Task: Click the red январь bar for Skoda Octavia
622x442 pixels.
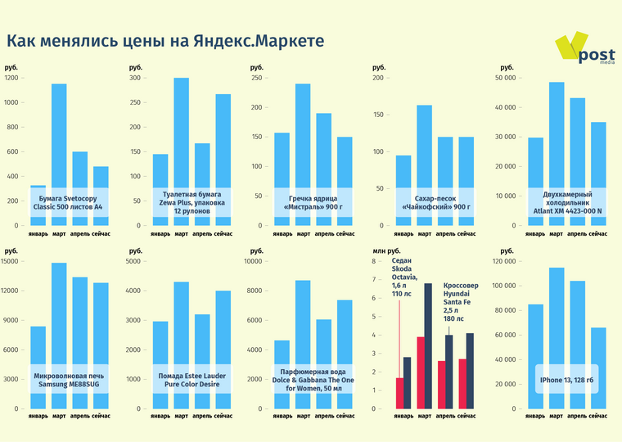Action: tap(399, 393)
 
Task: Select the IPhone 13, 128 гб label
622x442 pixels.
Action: tap(566, 380)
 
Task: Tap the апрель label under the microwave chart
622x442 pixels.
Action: tap(79, 417)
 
